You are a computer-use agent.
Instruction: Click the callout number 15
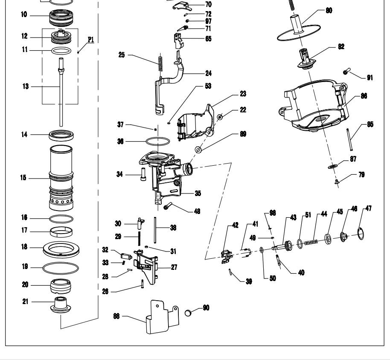pos(23,178)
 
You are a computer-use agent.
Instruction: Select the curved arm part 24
pos(171,81)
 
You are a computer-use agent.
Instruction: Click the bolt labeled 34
pos(142,175)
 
